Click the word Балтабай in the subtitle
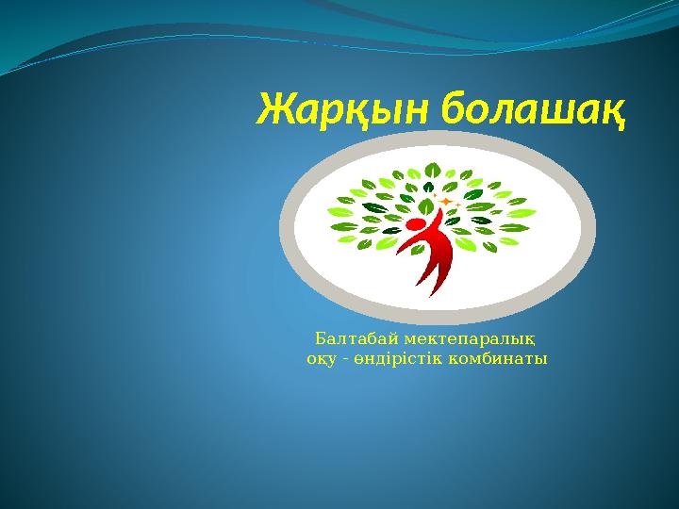point(356,338)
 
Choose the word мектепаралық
point(471,339)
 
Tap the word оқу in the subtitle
point(322,360)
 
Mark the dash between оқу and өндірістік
point(345,360)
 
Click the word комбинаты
point(498,359)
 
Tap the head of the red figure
point(415,226)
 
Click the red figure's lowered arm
point(406,245)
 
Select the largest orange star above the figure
point(445,202)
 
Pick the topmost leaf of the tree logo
point(432,170)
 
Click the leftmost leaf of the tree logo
point(340,212)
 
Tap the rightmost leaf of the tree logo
point(522,213)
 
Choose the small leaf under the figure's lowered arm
point(418,249)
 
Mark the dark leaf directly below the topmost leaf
point(428,187)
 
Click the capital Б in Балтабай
point(320,338)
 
